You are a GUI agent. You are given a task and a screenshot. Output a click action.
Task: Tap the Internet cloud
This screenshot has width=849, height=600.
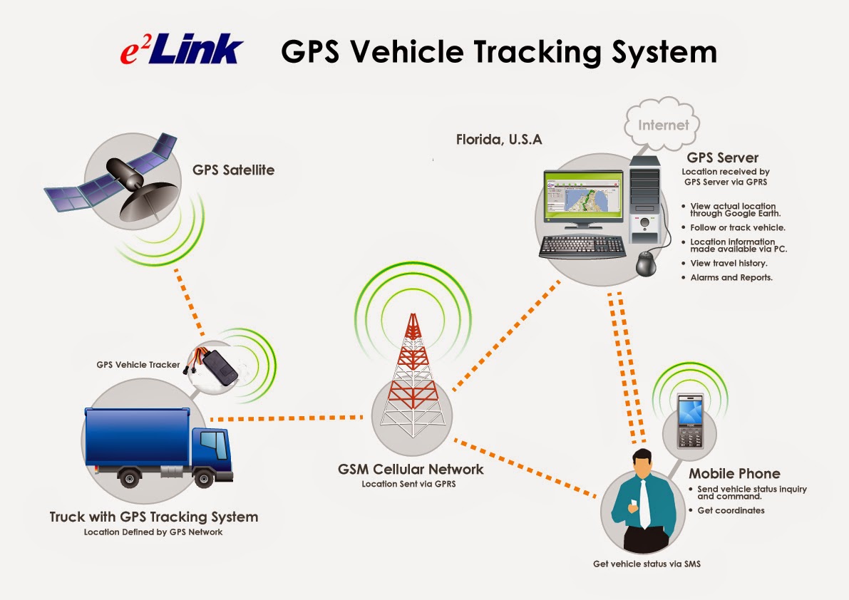pos(663,125)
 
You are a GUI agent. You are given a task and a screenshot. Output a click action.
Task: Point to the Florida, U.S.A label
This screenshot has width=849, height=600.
pos(499,140)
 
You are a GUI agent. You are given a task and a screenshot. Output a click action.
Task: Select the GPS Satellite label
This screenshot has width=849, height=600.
pos(233,170)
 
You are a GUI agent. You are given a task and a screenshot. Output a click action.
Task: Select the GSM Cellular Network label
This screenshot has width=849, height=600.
pos(411,470)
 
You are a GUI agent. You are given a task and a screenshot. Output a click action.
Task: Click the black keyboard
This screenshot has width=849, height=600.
pos(582,247)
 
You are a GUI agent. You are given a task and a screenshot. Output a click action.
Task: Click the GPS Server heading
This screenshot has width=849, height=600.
pos(722,157)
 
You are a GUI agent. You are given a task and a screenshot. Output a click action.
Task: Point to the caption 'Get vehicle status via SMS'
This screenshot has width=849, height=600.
pos(647,564)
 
